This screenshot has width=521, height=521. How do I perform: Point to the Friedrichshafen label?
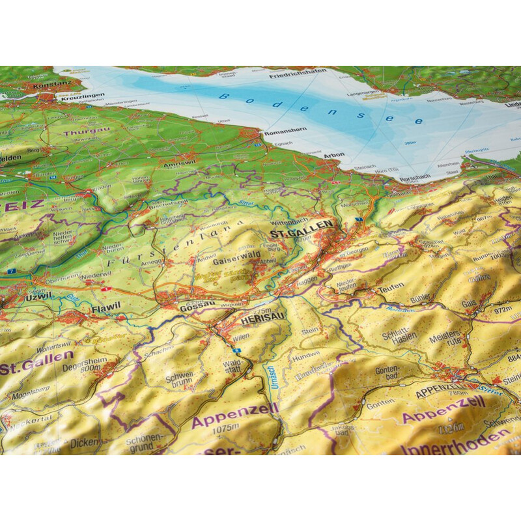pyautogui.click(x=297, y=76)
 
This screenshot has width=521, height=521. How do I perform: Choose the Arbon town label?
pyautogui.click(x=333, y=155)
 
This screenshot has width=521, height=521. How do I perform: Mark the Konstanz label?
pyautogui.click(x=25, y=85)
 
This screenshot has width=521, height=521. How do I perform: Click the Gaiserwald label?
pyautogui.click(x=232, y=259)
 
